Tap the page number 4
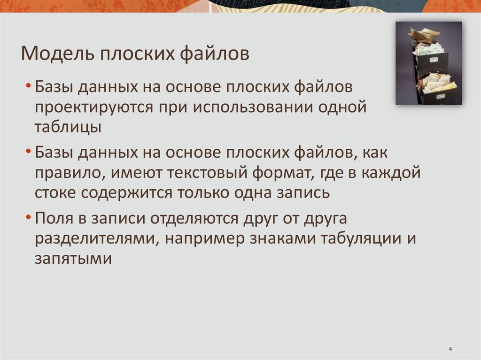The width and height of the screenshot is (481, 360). pyautogui.click(x=450, y=349)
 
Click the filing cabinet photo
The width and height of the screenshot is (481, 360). pyautogui.click(x=428, y=62)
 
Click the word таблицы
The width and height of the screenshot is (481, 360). pyautogui.click(x=68, y=127)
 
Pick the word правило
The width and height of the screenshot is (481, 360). pyautogui.click(x=69, y=173)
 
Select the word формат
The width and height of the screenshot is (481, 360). pyautogui.click(x=280, y=173)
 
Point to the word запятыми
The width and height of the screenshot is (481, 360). pyautogui.click(x=72, y=259)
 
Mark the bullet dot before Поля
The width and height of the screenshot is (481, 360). pyautogui.click(x=29, y=218)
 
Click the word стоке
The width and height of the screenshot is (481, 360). pyautogui.click(x=53, y=192)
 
